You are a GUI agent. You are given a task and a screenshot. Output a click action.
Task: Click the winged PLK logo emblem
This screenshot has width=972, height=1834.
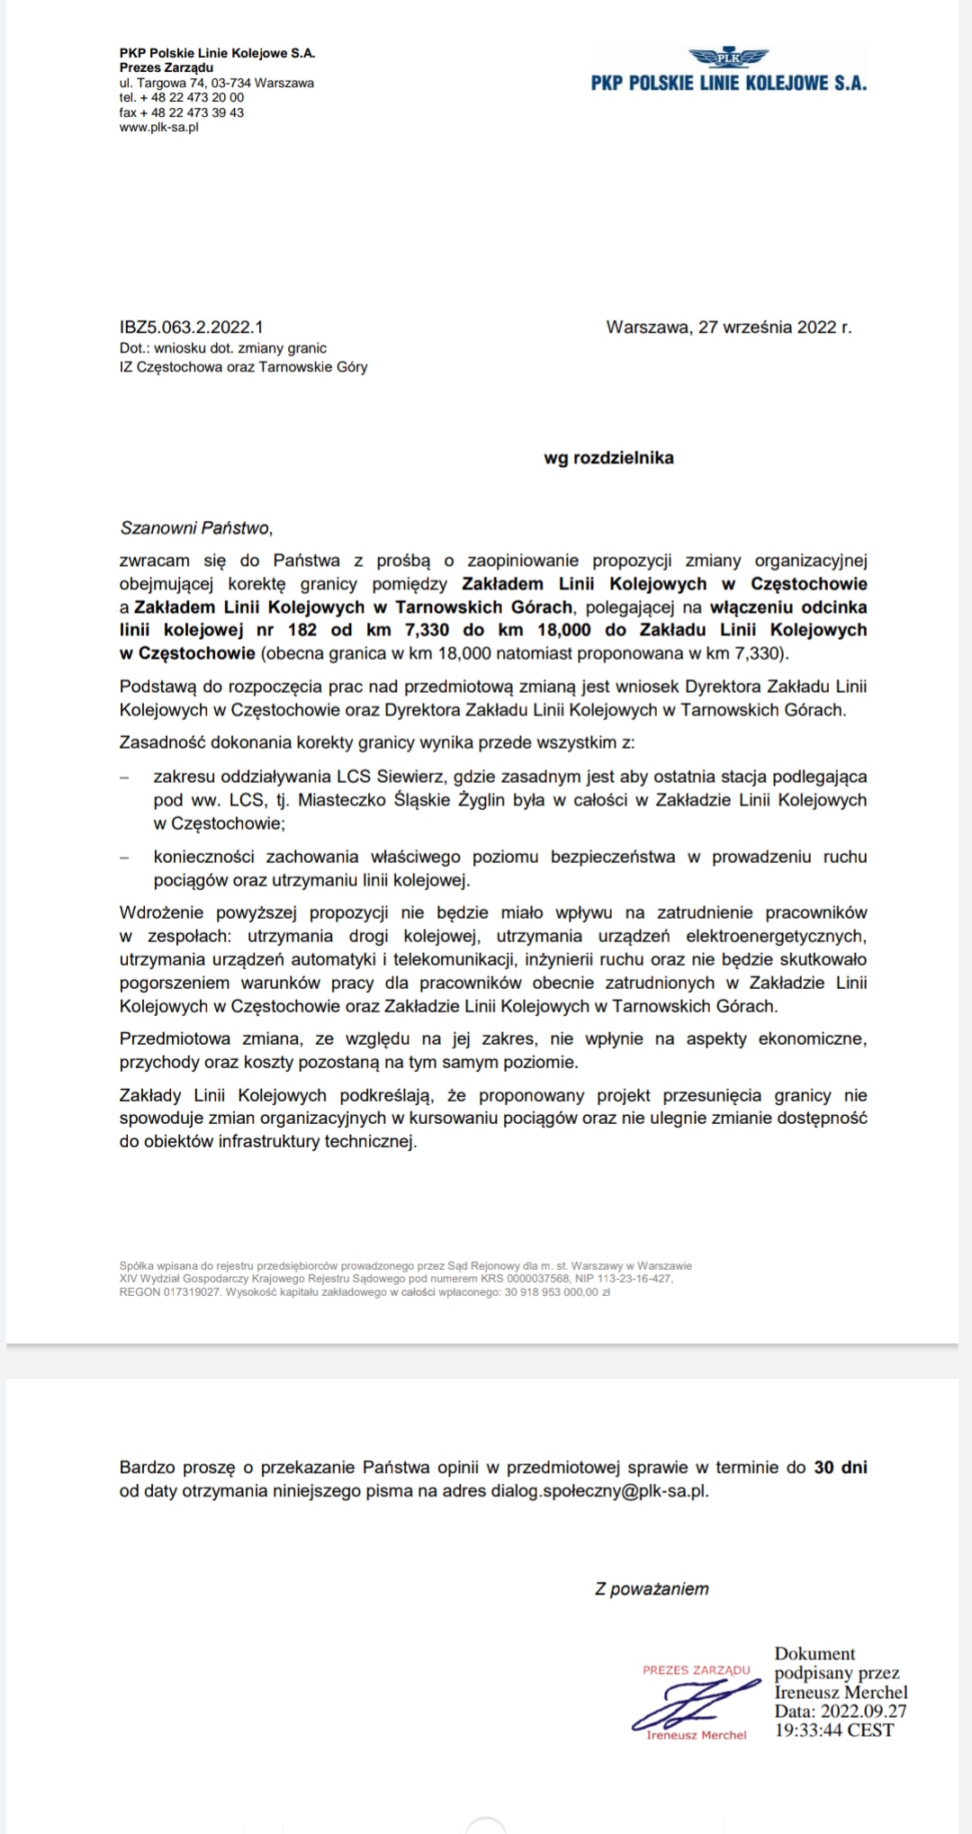728,58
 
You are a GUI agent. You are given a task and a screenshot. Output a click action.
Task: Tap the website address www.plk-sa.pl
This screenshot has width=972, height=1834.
158,128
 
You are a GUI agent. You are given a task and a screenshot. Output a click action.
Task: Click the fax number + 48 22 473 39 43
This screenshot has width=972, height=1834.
182,112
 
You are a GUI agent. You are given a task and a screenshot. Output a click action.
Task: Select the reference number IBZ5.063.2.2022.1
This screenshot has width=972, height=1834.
191,328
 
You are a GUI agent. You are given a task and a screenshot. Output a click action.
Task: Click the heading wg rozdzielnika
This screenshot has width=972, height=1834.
608,458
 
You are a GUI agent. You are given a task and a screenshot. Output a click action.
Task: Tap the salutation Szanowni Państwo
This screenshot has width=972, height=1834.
195,527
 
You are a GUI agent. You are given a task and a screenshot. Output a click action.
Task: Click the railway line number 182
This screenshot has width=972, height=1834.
302,630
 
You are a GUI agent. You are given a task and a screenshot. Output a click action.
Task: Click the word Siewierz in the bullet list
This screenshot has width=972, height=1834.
414,777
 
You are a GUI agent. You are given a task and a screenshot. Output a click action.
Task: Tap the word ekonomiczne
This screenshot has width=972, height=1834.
812,1039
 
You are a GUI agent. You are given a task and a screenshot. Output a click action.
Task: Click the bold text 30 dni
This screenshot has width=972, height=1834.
841,1467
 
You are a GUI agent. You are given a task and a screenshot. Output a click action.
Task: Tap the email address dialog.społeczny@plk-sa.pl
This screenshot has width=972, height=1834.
598,1490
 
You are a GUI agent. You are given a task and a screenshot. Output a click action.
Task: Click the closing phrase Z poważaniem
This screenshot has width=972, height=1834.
652,1589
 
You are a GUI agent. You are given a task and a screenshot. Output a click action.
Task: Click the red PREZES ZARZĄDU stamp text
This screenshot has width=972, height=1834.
696,1670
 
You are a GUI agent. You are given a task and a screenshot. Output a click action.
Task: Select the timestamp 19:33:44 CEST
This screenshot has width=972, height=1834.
834,1731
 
